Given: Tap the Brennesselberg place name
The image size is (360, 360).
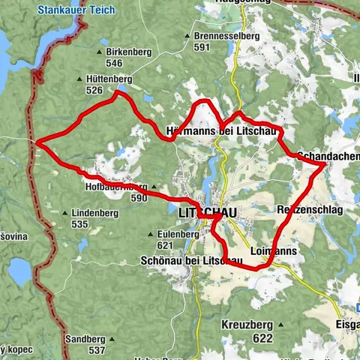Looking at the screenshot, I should tap(223, 35).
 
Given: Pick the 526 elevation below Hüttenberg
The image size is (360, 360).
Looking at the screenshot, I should tap(94, 90).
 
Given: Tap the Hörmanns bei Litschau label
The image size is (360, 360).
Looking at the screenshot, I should tap(223, 132).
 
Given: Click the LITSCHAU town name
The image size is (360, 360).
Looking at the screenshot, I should tap(208, 213).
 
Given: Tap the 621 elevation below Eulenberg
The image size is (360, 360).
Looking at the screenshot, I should tap(166, 245).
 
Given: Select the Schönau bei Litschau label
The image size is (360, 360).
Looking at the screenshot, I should tap(190, 260).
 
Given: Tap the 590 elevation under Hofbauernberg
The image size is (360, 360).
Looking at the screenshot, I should tap(139, 199).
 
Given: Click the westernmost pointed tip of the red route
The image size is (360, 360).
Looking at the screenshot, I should tap(35, 140).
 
